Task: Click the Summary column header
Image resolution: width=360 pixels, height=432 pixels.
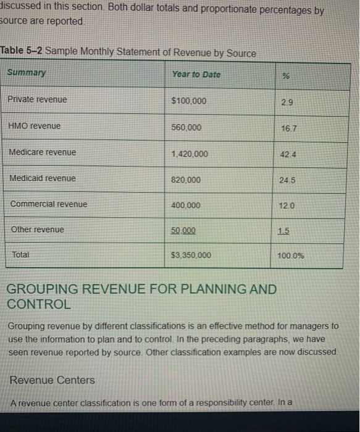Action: click(26, 73)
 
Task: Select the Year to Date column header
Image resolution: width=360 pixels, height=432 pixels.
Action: click(196, 74)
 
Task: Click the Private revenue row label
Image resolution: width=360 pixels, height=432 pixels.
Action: click(38, 99)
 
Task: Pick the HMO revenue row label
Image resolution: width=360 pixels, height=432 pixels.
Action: click(35, 125)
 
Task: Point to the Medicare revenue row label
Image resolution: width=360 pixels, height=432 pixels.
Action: click(43, 152)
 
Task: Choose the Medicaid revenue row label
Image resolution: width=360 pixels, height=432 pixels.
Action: click(43, 178)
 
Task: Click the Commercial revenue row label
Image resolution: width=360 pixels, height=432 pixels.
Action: click(49, 204)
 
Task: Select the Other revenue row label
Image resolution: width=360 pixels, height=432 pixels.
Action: click(38, 229)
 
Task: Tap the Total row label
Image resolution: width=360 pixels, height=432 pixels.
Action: click(21, 254)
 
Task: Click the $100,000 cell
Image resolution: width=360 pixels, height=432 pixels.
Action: click(189, 101)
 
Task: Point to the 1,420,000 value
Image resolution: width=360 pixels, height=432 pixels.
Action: click(190, 154)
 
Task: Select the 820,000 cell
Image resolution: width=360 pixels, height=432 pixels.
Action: click(186, 180)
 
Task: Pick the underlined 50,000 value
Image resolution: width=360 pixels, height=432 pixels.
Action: click(183, 230)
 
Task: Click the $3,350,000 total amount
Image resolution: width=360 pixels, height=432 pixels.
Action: click(191, 255)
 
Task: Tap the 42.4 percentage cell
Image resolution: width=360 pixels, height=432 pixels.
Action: click(285, 154)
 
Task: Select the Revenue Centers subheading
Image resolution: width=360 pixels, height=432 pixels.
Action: click(52, 380)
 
